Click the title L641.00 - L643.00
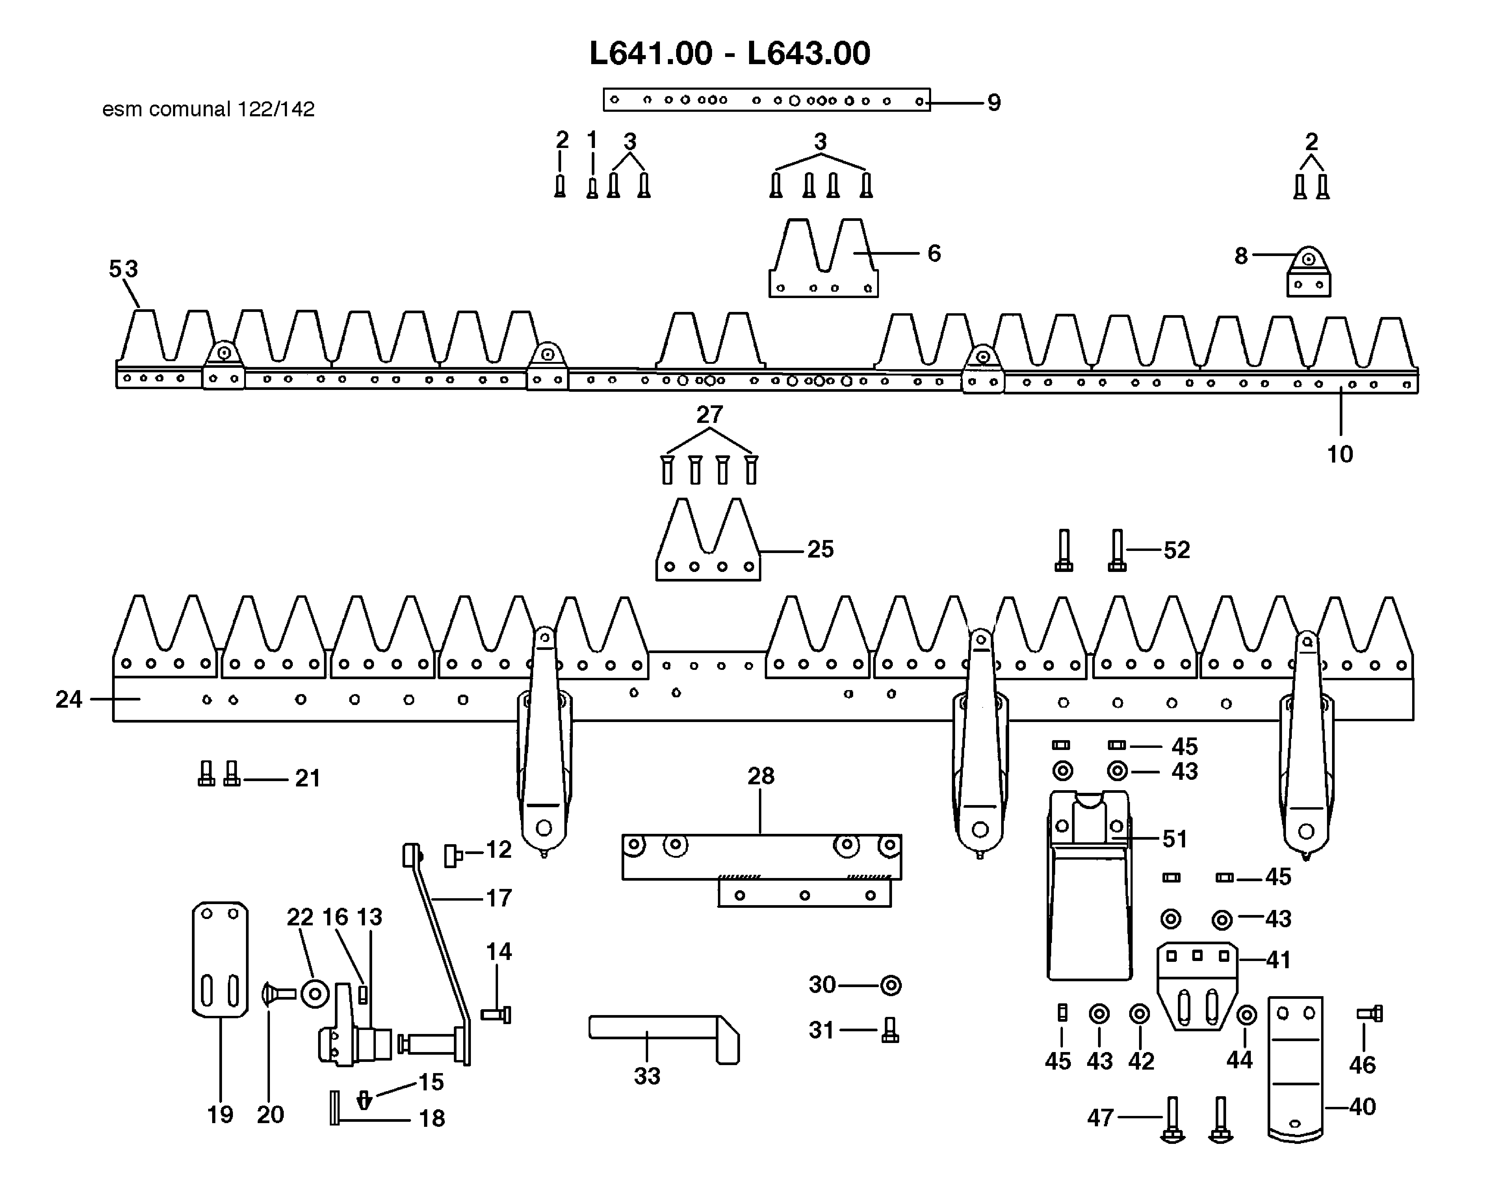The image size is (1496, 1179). click(730, 53)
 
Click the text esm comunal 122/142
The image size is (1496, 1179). click(208, 109)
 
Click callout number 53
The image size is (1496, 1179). click(124, 269)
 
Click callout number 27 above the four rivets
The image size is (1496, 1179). click(710, 414)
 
